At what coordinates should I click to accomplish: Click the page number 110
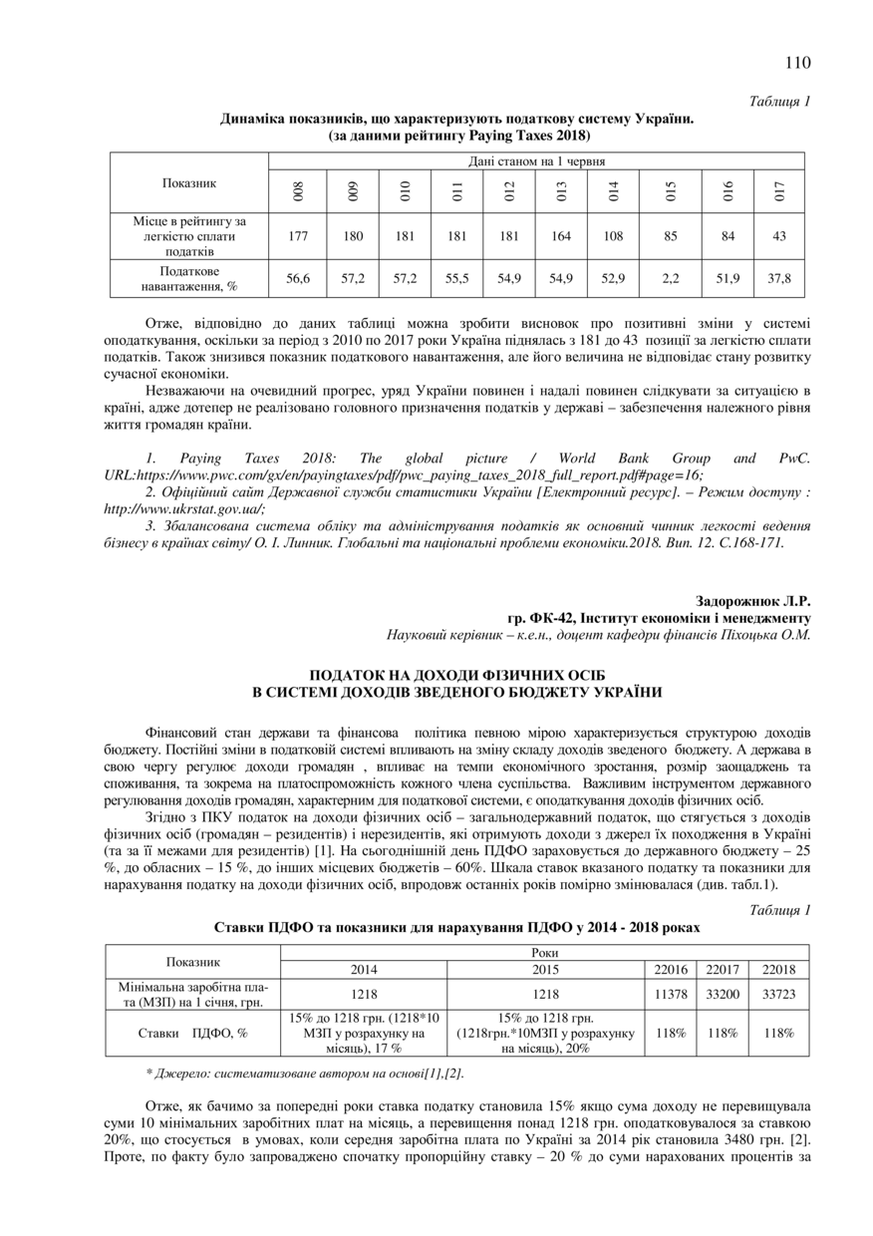(x=797, y=63)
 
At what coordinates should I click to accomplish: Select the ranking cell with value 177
(x=297, y=236)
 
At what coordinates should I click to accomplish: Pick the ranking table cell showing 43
(x=778, y=236)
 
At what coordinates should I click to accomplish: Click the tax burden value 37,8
(x=778, y=279)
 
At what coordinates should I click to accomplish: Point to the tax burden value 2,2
(x=670, y=279)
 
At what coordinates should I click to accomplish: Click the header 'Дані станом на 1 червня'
(x=536, y=160)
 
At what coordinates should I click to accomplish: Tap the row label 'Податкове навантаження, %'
(x=189, y=279)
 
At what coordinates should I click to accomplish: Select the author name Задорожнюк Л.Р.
(x=752, y=601)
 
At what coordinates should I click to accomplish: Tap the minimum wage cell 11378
(x=670, y=994)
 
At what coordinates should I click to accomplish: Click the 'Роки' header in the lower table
(x=545, y=953)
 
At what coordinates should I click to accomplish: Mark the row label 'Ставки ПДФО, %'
(x=193, y=1034)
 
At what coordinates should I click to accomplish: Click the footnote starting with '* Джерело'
(x=304, y=1074)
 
